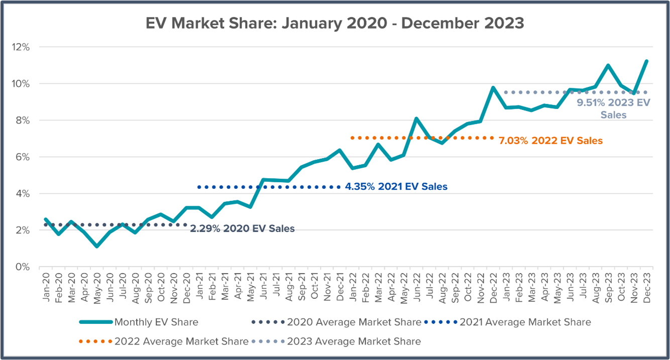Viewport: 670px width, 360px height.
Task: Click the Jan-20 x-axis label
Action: (46, 287)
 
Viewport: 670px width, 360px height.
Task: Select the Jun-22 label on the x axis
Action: (416, 287)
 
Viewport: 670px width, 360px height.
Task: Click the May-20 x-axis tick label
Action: (97, 287)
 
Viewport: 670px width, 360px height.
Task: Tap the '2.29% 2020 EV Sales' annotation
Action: (242, 229)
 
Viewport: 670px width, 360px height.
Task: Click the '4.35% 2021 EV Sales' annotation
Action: (396, 187)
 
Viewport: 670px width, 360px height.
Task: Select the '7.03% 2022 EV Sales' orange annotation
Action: (550, 141)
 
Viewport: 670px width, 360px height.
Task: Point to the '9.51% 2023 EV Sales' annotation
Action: (613, 108)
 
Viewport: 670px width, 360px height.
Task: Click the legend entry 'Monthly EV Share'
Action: (156, 322)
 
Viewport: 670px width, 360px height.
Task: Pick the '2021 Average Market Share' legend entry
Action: (525, 322)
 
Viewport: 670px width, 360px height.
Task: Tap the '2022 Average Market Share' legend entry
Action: (181, 341)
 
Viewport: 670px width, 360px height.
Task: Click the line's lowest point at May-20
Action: (97, 246)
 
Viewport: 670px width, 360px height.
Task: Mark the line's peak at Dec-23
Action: (646, 61)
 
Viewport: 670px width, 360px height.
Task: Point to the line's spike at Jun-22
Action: (416, 118)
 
